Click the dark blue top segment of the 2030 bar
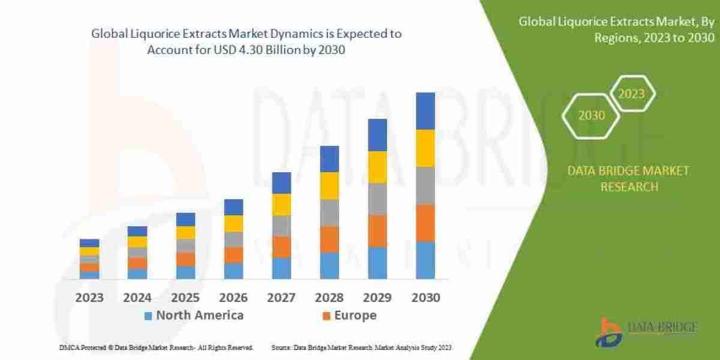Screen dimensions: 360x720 pos(425,111)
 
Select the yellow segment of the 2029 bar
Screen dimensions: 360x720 pos(377,167)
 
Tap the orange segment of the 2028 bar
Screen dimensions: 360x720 pos(329,239)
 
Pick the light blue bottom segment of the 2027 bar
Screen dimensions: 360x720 pos(281,268)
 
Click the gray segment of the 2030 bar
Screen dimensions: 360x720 pos(425,185)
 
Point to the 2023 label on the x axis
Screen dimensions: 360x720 pos(89,298)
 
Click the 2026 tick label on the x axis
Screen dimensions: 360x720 pos(233,298)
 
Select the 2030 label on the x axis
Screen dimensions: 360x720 pos(425,298)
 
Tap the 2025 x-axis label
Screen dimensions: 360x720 pos(185,298)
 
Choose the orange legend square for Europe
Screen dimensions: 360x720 pos(326,316)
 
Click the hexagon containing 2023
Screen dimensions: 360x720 pos(631,94)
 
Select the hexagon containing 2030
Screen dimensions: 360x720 pos(592,115)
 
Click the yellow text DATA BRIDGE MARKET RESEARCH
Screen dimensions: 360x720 pos(628,179)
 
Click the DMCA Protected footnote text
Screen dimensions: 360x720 pos(156,347)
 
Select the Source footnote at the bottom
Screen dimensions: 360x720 pos(361,347)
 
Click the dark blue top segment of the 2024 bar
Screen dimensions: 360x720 pos(137,231)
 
